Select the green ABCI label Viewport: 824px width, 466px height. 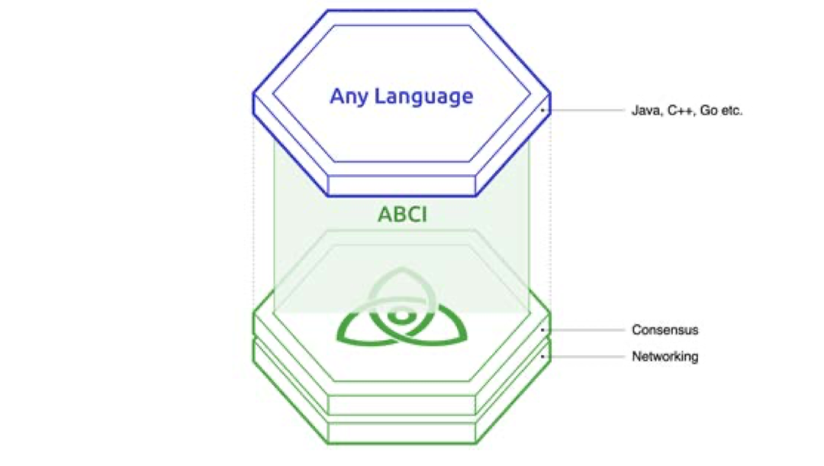coord(402,215)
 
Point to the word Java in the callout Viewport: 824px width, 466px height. coord(645,111)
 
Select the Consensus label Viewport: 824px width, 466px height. coord(665,330)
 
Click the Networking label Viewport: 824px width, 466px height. coord(665,356)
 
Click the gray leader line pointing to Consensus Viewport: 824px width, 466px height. coord(587,330)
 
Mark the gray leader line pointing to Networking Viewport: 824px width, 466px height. coord(587,356)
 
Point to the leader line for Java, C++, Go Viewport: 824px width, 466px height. coord(587,111)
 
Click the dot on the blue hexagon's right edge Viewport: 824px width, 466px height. coord(543,111)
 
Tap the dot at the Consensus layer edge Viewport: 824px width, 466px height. coord(543,330)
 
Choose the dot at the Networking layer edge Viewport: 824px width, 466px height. coord(543,356)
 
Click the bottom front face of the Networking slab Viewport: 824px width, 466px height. coord(402,433)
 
